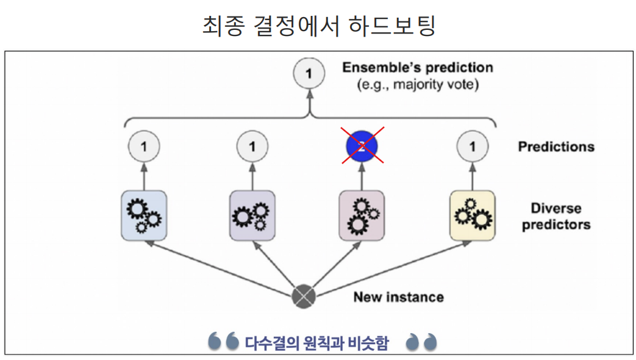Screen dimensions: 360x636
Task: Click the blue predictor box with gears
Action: (144, 215)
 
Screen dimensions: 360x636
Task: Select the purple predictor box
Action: (252, 215)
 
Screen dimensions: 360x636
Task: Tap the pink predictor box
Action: (362, 215)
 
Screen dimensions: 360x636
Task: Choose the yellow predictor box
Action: (471, 215)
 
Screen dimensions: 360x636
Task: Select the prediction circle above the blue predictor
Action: (144, 146)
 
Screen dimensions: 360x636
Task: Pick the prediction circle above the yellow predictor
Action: (471, 146)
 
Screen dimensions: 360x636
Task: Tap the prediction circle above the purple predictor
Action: (252, 146)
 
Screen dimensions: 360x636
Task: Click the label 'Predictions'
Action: (556, 146)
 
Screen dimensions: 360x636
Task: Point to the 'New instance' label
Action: (398, 297)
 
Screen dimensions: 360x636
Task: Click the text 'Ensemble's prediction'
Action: (417, 67)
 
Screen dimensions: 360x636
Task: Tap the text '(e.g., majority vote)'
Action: (417, 84)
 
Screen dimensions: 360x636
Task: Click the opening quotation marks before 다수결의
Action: (223, 342)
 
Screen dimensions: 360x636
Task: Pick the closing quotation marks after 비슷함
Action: (422, 342)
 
